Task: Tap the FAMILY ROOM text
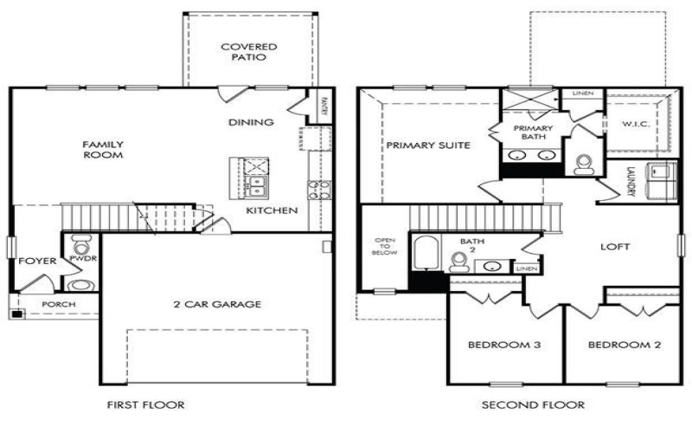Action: point(103,149)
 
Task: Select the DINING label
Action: point(252,122)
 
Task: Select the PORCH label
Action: point(58,304)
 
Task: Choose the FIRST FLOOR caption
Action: point(145,404)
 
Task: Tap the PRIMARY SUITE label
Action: point(428,145)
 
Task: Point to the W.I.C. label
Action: point(636,123)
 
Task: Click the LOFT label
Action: point(615,247)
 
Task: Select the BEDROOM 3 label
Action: point(504,346)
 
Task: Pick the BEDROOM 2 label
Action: point(625,346)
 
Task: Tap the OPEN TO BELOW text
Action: point(384,248)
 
